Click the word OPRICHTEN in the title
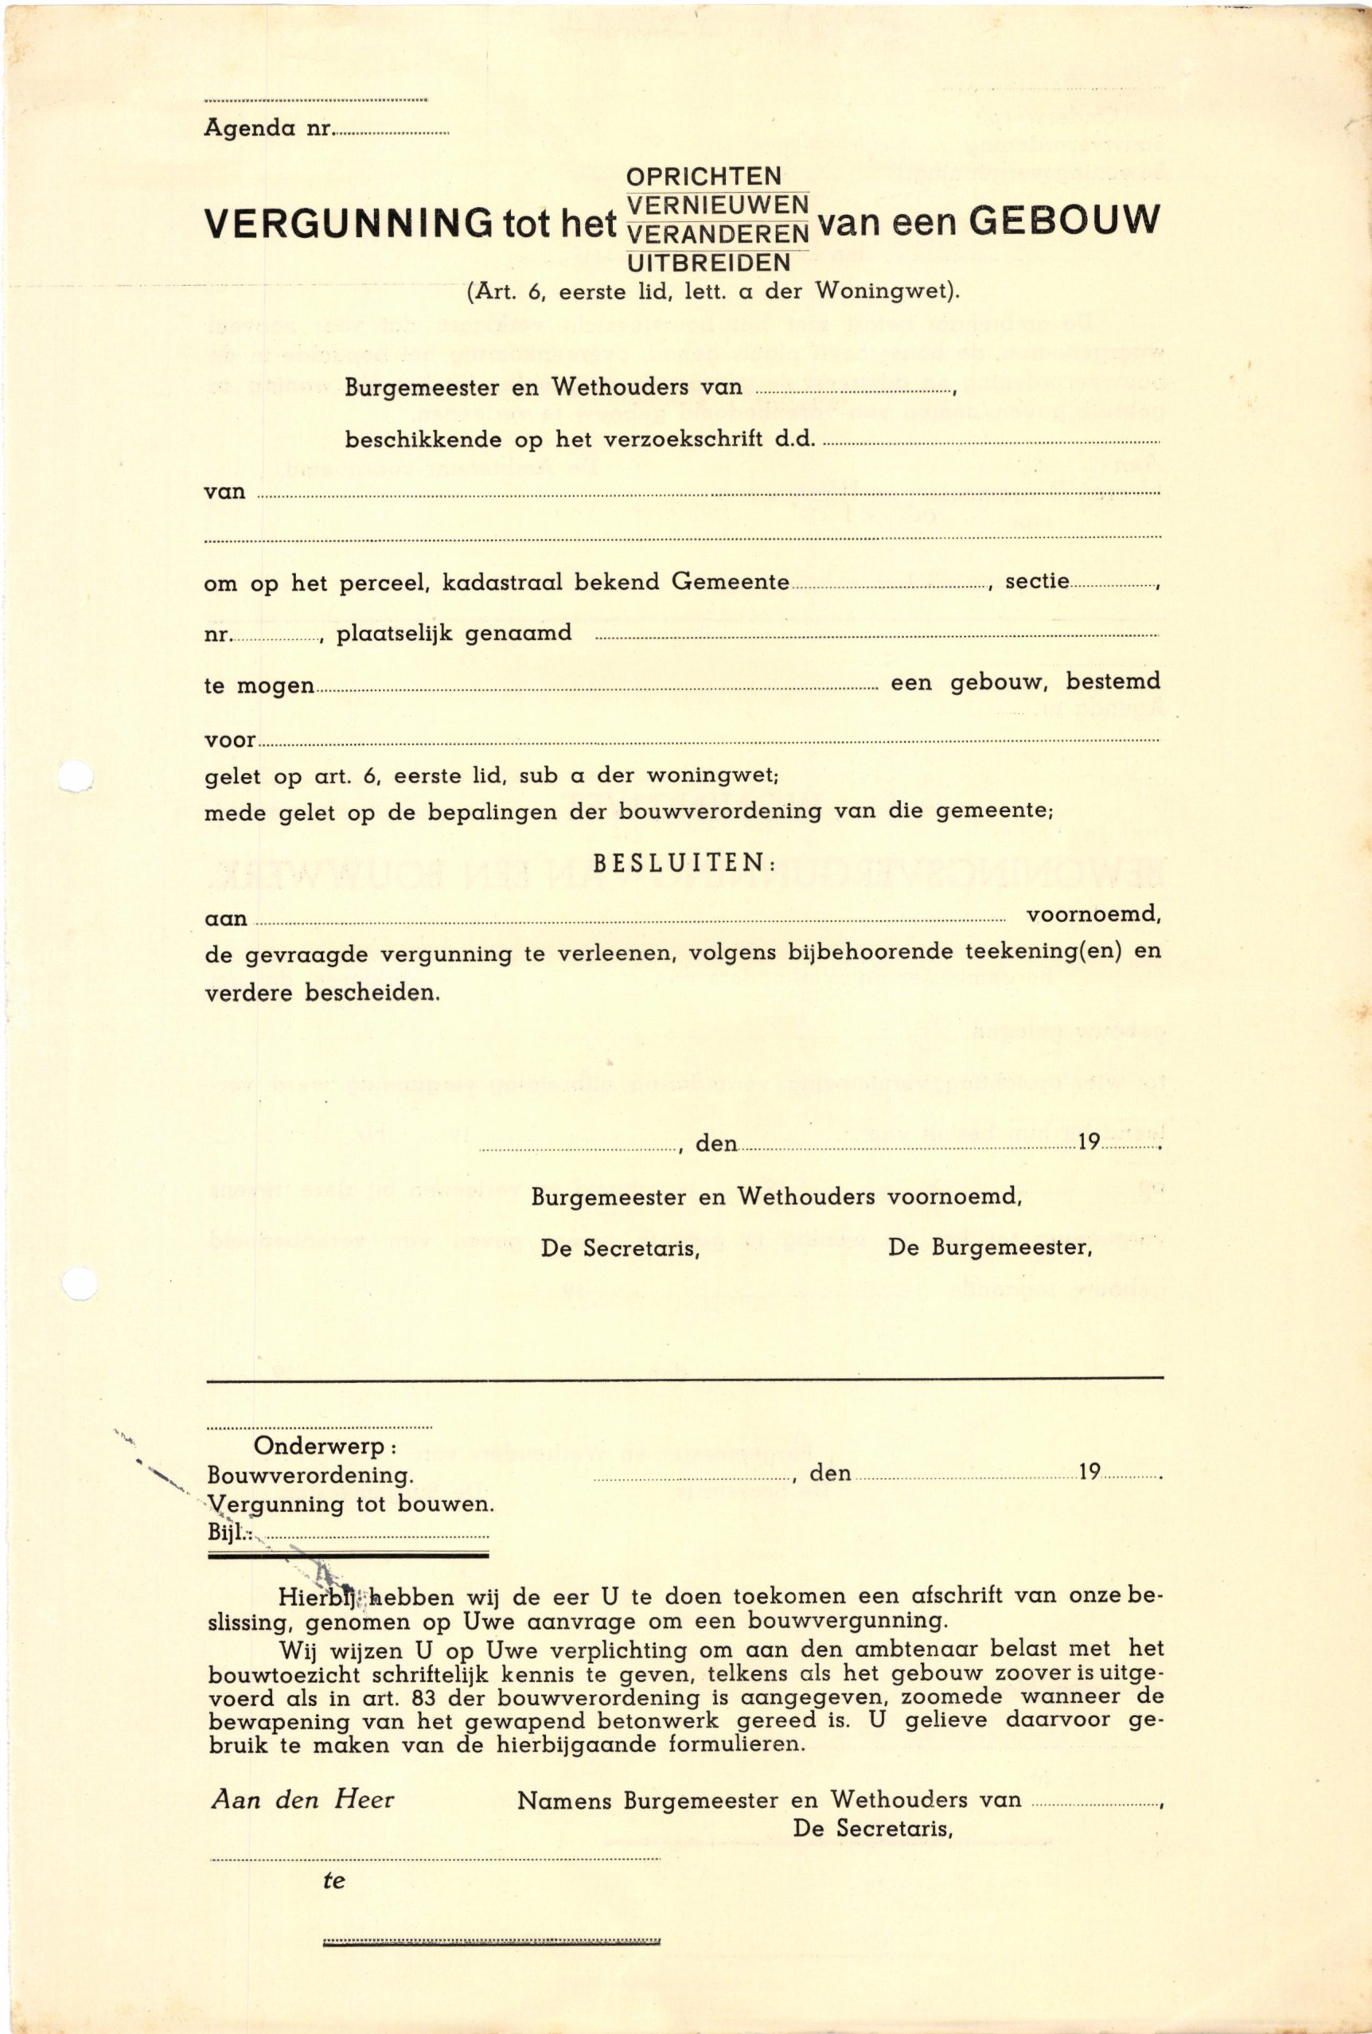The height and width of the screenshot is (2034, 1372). coord(703,177)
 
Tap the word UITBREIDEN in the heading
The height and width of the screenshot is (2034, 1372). coord(709,262)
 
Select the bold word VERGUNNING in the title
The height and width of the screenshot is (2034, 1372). coord(349,224)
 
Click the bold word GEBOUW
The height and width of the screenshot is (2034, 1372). coord(1065,221)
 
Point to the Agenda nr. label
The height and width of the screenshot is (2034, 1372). coord(267,128)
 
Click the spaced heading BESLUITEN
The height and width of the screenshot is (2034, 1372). coord(684,863)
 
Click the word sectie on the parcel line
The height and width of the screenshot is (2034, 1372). coord(1037,581)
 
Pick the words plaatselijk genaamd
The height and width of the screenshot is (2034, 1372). coord(454,633)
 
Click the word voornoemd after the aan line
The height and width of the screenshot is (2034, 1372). coord(1093,915)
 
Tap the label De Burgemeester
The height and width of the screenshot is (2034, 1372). coord(990,1247)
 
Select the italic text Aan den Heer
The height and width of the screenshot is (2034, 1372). coord(302,1799)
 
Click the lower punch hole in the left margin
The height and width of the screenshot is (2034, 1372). coord(80,1283)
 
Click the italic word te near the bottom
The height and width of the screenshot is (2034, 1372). coord(334,1880)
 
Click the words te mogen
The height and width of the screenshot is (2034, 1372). coord(258,685)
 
